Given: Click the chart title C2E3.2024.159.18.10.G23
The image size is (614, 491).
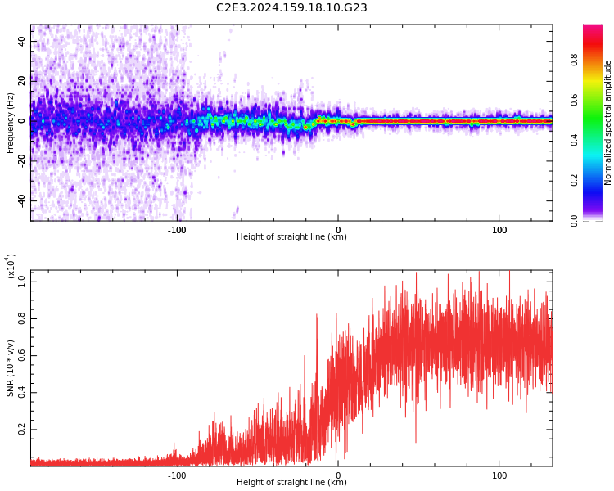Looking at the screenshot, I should coord(291,8).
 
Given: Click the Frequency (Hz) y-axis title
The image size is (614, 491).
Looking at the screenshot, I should coord(11,123).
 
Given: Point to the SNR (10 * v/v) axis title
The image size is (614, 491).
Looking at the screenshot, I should coord(11,368).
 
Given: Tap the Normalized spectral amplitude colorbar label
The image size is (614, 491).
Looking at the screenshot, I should coord(608,123).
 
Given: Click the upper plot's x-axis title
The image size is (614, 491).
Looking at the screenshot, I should coord(291,237).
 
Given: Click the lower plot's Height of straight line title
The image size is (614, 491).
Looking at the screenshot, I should coord(291,483).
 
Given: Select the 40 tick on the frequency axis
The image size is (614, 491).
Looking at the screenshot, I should coord(22,41).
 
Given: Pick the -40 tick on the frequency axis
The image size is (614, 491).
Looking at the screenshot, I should coord(22,200).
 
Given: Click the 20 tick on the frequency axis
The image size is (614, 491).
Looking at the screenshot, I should coord(22,81).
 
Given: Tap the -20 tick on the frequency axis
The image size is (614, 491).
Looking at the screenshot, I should coord(22,160).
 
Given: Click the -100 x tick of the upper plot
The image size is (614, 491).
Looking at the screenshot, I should coord(177,229).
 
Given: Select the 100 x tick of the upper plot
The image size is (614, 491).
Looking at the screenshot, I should coord(499,229).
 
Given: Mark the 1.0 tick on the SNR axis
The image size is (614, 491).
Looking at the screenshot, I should coord(22,281).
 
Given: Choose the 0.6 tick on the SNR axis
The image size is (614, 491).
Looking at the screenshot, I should coord(22,355).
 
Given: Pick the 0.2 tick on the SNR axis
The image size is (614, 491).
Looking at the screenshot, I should coord(22,429).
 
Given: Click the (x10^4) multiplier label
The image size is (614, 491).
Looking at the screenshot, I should coord(11,266).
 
